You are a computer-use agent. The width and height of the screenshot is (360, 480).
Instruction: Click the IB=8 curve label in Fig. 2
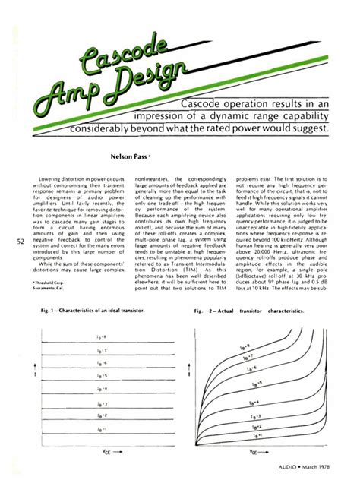286,346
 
